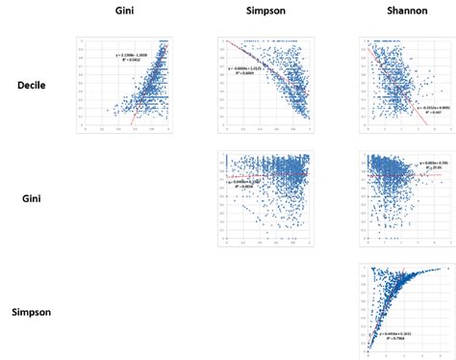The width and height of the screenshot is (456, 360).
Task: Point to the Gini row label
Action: (x=35, y=198)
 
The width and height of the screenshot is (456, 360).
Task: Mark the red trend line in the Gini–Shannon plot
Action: (x=399, y=174)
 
